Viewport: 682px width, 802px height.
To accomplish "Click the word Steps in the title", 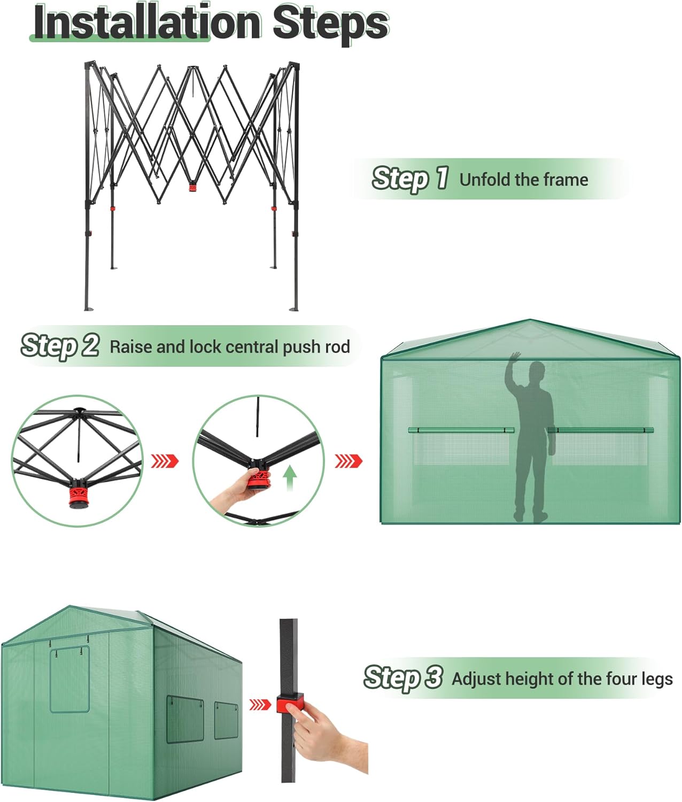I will (x=330, y=22).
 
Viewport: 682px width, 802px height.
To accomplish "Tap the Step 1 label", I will (x=409, y=178).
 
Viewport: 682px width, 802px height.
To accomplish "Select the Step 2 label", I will (x=60, y=345).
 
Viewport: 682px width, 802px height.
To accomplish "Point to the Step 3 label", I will (x=403, y=677).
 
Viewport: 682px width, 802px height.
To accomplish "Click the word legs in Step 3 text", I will (x=657, y=679).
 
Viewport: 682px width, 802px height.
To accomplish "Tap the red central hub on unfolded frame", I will (x=192, y=188).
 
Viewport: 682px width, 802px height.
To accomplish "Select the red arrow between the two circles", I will (x=165, y=461).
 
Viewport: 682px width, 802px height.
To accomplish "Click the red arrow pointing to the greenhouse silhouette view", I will (x=348, y=460).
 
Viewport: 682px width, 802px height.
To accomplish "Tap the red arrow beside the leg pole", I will (x=260, y=704).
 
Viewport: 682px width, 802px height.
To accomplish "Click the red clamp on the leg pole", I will (x=289, y=703).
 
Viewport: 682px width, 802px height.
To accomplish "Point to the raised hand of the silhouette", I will (x=515, y=358).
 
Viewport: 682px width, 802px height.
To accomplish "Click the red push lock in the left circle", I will (x=79, y=494).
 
